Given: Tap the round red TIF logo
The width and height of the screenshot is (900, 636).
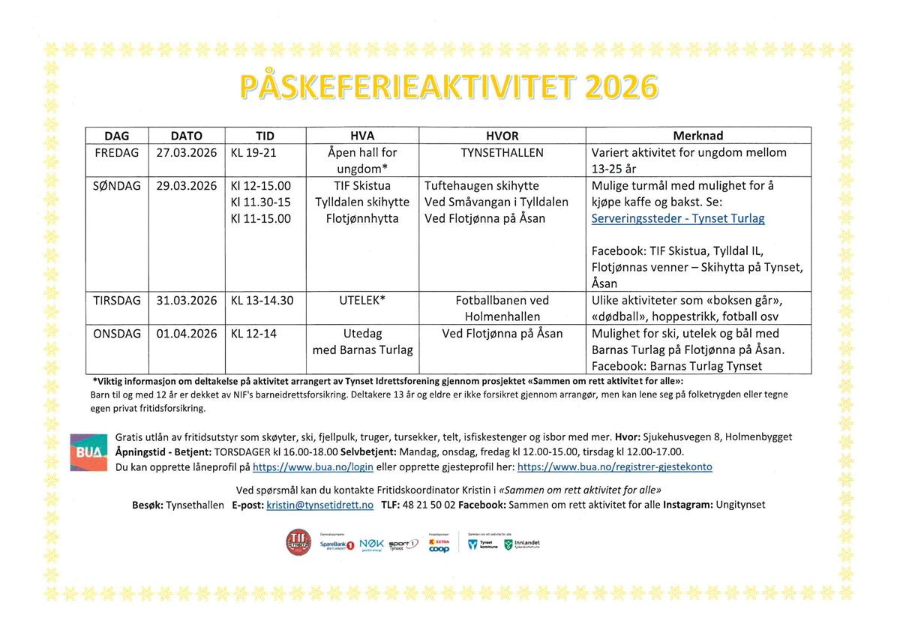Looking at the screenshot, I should pos(298,542).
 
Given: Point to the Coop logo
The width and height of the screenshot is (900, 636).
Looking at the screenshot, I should pos(439,548).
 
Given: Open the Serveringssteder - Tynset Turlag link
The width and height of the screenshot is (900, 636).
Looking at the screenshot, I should pos(678,218).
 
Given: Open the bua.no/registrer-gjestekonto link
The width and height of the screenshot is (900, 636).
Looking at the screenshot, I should pos(614,466).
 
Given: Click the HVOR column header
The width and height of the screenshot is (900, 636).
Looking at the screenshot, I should pos(502,136).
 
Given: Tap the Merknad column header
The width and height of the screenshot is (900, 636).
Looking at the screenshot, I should pos(697,136).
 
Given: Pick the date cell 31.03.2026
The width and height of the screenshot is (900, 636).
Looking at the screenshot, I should pos(187,300).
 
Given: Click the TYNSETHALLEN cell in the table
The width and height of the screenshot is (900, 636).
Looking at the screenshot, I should pos(502,152).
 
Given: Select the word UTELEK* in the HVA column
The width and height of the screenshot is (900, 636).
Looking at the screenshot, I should pos(363,300).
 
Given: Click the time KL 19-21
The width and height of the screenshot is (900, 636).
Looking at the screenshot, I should pos(254,152).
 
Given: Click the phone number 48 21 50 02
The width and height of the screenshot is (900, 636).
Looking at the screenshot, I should pos(429,505).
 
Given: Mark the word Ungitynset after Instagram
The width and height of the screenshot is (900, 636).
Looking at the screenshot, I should pos(740,505).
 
